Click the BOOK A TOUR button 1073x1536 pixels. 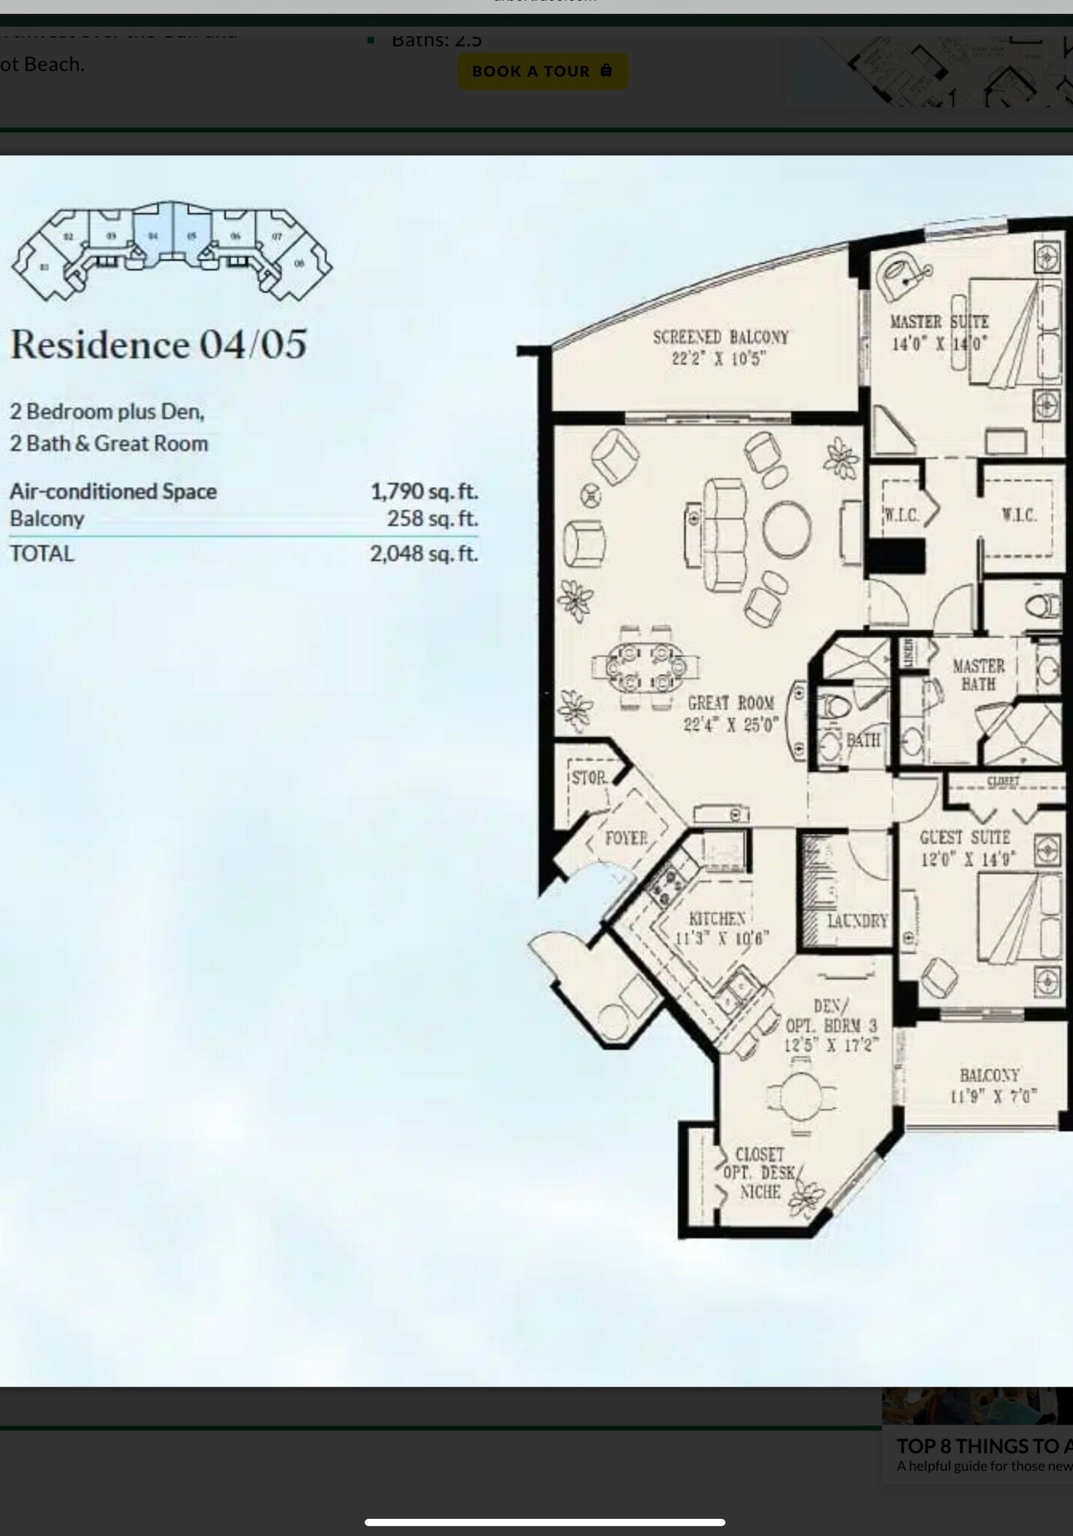tap(542, 71)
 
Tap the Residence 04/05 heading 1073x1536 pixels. tap(158, 344)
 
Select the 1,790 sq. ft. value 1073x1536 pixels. tap(424, 491)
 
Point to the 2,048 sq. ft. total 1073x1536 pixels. tap(424, 553)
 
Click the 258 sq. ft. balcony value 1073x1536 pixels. tap(432, 518)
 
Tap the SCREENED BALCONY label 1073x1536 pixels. tap(720, 337)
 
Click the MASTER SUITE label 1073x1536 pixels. tap(939, 322)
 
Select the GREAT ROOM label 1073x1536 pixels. tap(730, 703)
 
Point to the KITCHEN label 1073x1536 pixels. tap(717, 919)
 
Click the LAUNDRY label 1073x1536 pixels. tap(857, 920)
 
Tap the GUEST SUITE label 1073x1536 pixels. tap(964, 837)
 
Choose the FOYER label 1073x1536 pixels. tap(625, 838)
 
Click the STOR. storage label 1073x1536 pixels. tap(589, 778)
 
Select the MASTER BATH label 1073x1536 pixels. tap(978, 674)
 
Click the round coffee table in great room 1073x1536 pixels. tap(787, 529)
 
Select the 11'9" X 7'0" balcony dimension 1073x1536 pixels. tap(993, 1096)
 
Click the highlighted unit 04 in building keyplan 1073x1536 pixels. tap(153, 235)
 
